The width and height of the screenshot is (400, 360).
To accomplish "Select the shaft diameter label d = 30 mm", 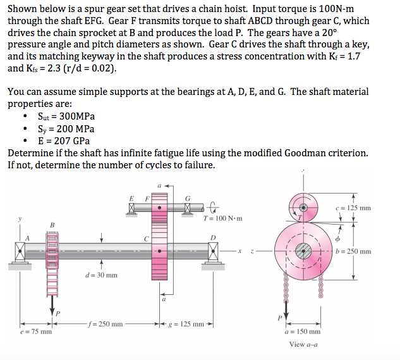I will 101,275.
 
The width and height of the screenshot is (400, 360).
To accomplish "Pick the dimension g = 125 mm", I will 189,324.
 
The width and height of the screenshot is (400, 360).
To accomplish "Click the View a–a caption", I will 303,344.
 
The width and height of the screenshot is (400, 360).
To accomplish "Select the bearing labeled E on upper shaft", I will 132,208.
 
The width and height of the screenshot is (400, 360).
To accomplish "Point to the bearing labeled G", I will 189,208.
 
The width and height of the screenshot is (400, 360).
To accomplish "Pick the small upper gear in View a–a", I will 304,206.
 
